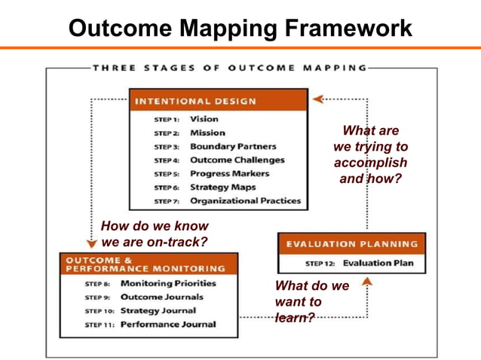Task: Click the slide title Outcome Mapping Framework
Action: click(240, 28)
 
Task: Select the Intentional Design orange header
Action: click(218, 100)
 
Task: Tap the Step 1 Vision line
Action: click(204, 119)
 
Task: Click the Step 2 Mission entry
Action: click(207, 133)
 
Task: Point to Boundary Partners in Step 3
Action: click(232, 146)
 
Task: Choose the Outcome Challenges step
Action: click(237, 160)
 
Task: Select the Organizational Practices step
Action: click(245, 200)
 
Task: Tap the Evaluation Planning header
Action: click(351, 244)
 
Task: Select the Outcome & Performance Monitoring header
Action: click(149, 264)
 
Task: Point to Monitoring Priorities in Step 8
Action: click(168, 283)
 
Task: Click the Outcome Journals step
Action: click(161, 297)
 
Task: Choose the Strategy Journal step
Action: click(158, 310)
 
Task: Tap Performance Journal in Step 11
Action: click(167, 324)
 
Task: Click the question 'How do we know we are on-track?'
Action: click(155, 233)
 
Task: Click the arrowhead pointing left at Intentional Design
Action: click(317, 99)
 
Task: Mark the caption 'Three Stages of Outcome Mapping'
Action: click(229, 68)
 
